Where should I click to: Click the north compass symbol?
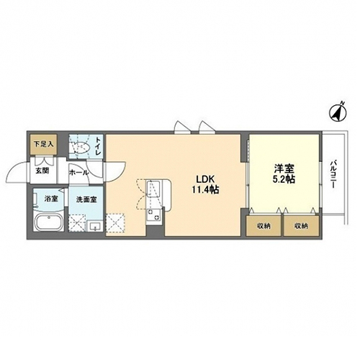[x=338, y=112]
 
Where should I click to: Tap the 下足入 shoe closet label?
[x=43, y=144]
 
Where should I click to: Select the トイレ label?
[x=98, y=146]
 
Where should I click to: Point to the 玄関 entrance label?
[x=42, y=171]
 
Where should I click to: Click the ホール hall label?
[x=79, y=173]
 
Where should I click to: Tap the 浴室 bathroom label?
[x=51, y=199]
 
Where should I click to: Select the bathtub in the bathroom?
[x=49, y=222]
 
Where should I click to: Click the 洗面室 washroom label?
[x=86, y=199]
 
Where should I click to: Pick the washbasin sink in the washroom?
[x=96, y=226]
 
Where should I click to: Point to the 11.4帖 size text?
[x=205, y=190]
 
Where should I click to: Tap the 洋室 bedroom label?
[x=284, y=168]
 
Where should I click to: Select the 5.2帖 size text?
[x=284, y=179]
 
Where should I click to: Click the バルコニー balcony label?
[x=333, y=174]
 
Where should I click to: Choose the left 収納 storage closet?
[x=264, y=225]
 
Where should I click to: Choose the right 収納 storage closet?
[x=301, y=225]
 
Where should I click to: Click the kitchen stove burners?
[x=153, y=215]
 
